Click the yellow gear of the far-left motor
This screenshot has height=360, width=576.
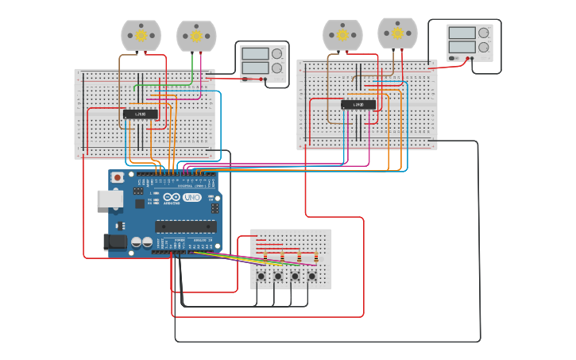[141, 35]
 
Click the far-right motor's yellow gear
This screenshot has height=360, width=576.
[397, 33]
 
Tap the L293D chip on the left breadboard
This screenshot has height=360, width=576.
[140, 114]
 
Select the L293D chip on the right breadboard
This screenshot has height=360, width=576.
[358, 104]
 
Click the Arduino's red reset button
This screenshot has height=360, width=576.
[118, 177]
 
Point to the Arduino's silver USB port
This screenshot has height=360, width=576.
[109, 199]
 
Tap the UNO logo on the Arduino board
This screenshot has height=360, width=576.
[191, 197]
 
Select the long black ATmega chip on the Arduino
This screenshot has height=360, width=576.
[185, 226]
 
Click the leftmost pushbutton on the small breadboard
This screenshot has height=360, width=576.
[261, 277]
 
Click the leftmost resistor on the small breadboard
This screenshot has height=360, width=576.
[265, 257]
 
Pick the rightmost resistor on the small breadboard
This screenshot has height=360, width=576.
[316, 257]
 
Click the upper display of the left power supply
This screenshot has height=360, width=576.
[255, 54]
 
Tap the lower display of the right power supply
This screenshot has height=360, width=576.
[461, 47]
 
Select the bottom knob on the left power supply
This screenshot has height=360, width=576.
[276, 68]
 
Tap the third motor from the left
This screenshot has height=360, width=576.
[342, 36]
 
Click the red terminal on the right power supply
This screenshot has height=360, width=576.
[474, 58]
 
